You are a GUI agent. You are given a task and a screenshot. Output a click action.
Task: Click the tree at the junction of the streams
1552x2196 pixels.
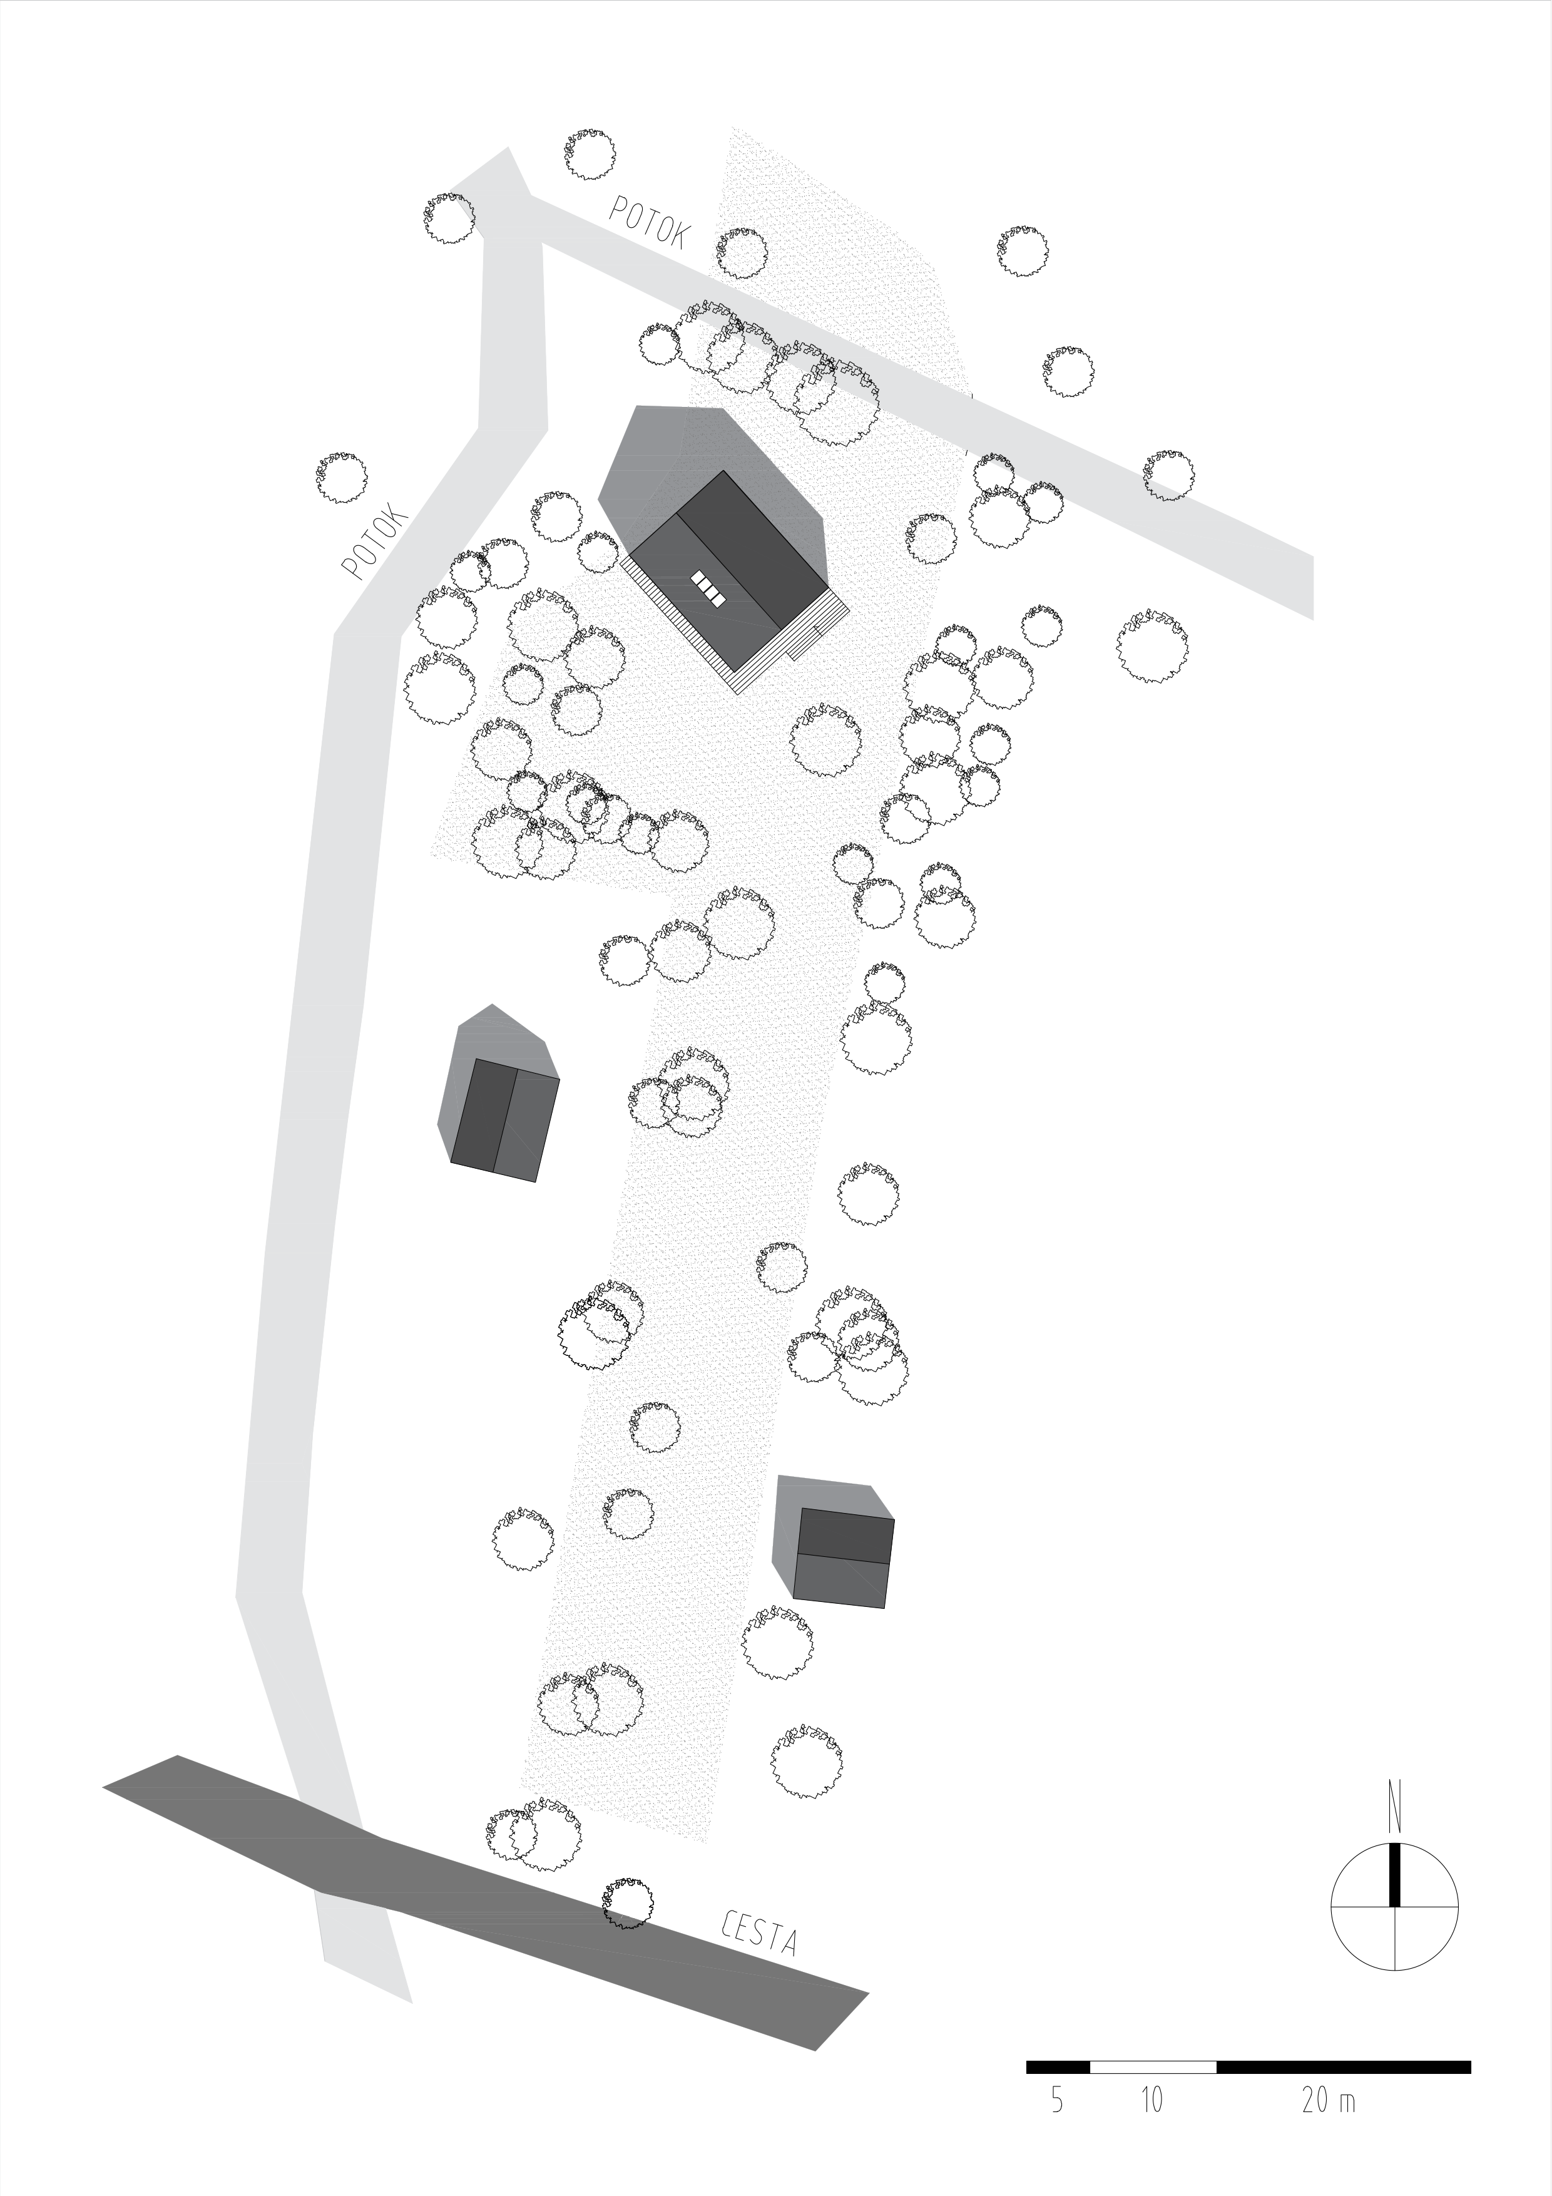[449, 218]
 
